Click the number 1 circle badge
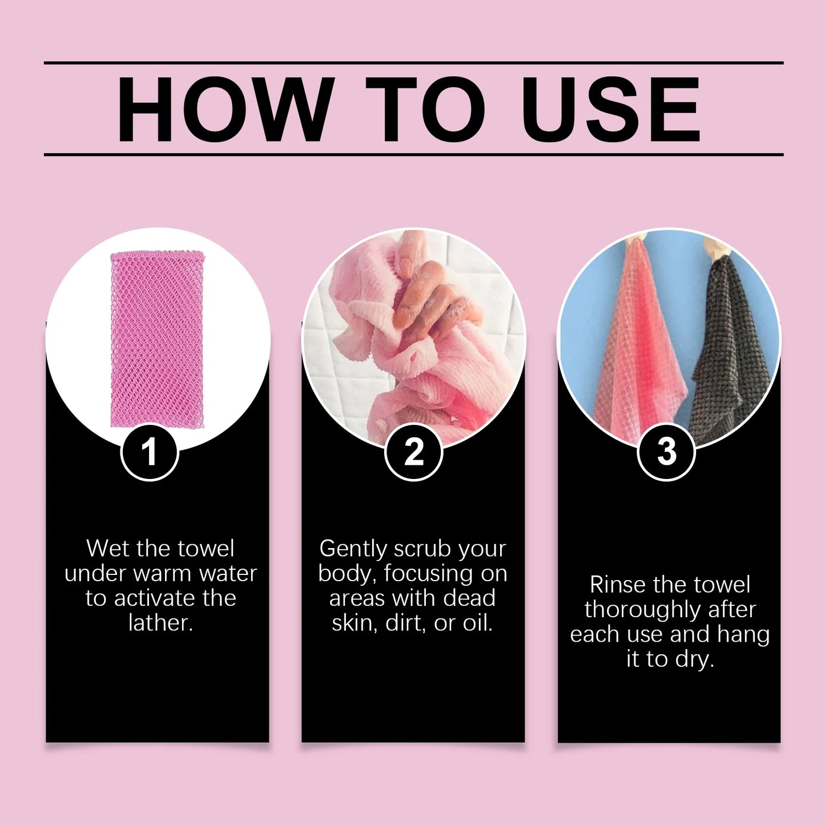pos(150,452)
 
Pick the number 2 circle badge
pos(413,452)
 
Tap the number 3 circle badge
pos(666,452)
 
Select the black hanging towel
pos(728,348)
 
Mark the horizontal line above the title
pos(413,62)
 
